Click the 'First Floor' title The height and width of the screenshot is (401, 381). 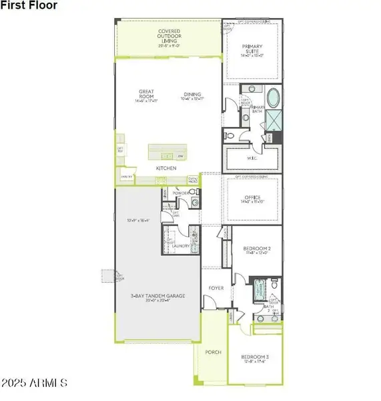(x=29, y=5)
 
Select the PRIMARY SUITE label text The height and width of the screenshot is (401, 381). (x=252, y=49)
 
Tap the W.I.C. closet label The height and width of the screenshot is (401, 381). (x=252, y=158)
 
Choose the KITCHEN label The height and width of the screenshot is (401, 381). (x=166, y=168)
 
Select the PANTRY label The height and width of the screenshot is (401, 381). (x=125, y=176)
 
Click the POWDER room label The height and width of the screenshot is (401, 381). (x=180, y=192)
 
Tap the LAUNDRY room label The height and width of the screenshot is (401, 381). (x=181, y=246)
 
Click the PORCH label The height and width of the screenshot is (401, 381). (x=214, y=352)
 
